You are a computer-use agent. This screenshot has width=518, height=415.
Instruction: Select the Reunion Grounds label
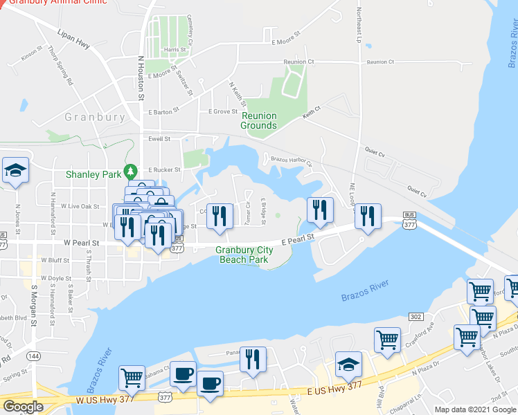258,121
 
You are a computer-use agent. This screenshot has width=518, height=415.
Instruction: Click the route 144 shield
32,356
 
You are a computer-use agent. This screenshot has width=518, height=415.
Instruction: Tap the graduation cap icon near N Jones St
14,171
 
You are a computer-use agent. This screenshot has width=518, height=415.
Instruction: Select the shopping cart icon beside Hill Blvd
387,339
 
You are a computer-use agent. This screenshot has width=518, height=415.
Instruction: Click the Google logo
23,407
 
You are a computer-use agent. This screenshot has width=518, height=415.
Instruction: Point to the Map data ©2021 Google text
476,409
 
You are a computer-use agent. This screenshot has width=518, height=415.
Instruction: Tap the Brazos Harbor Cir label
292,160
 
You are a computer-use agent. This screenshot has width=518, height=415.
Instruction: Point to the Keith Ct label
312,111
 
